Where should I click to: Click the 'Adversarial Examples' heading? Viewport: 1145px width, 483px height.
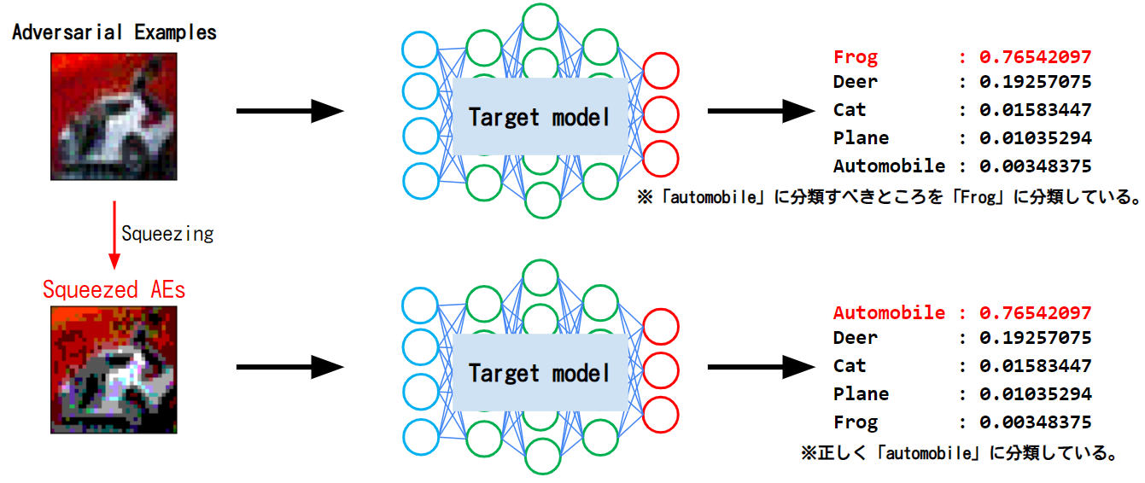pos(114,33)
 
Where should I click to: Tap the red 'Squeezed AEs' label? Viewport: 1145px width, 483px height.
pos(114,289)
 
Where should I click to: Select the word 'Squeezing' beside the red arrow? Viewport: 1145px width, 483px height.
pos(166,234)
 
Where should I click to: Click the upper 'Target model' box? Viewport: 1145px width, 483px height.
pos(540,117)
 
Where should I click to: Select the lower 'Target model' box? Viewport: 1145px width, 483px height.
pos(540,373)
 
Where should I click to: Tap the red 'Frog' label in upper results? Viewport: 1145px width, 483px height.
pos(856,58)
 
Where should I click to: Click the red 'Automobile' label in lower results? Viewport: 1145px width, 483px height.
pos(889,312)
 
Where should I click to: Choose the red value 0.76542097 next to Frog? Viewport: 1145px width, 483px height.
pos(1035,58)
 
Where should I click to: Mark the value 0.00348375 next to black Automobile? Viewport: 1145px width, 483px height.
pos(1035,166)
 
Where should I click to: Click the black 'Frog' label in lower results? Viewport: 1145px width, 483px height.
pos(856,422)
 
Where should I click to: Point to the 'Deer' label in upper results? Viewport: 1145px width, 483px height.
pos(856,82)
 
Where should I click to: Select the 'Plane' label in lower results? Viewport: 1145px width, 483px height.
pos(861,394)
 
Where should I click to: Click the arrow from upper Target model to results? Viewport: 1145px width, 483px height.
pos(761,111)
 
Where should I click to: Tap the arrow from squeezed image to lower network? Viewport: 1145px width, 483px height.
pos(289,367)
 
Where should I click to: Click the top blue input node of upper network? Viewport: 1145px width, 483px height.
pos(420,49)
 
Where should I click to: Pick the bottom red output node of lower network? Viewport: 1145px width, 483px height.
pos(661,414)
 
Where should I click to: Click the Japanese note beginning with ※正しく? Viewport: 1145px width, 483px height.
pos(959,453)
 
